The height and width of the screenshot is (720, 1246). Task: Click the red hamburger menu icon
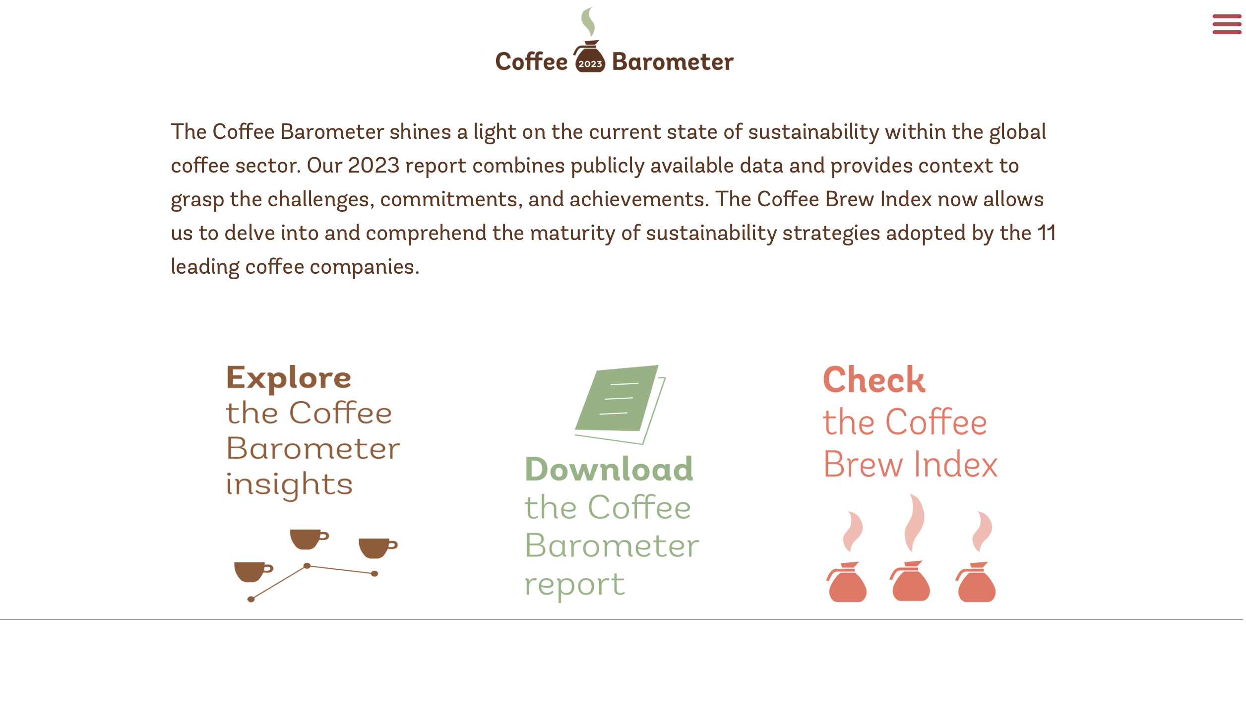(1227, 24)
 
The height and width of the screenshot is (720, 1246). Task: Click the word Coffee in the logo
(531, 61)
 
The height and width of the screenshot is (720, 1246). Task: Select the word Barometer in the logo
(673, 61)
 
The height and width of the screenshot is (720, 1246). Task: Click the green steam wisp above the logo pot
(588, 22)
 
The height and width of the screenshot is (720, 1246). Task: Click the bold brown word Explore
(289, 378)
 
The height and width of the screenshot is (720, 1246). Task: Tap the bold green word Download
(609, 469)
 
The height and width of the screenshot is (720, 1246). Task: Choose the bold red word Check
(874, 380)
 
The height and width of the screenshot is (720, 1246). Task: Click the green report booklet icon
(620, 404)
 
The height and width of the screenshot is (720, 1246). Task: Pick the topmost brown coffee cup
(308, 539)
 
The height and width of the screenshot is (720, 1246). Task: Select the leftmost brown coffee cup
(252, 572)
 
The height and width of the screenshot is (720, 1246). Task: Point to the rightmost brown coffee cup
(377, 548)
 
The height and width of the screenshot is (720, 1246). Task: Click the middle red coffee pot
(911, 581)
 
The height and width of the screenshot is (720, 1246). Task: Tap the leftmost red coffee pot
(847, 582)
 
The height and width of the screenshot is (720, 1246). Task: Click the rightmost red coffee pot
(976, 582)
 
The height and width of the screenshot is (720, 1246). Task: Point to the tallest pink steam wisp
(914, 523)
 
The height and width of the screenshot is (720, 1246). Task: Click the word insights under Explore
(289, 484)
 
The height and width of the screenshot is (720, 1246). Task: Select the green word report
(574, 585)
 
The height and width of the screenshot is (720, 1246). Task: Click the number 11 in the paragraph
(1047, 233)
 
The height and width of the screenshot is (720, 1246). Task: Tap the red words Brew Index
(910, 465)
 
